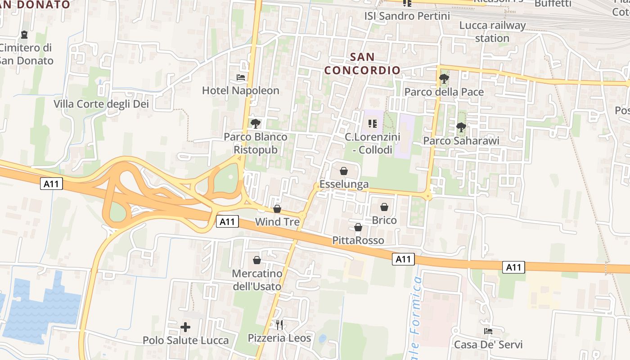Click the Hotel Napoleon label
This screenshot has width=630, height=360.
(240, 90)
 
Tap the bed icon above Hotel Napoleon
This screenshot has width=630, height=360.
(241, 77)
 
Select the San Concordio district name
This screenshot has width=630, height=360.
(362, 63)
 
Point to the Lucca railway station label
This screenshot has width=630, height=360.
(492, 31)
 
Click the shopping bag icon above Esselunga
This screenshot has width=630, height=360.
(344, 171)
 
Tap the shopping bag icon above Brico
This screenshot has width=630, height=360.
(384, 207)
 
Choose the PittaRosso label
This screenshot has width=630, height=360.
(358, 240)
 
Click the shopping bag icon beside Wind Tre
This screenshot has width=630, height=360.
(277, 209)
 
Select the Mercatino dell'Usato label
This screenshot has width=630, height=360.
(257, 280)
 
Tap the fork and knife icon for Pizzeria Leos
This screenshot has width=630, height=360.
(279, 324)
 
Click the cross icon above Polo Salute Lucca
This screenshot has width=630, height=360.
(185, 327)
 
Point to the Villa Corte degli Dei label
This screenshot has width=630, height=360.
(101, 104)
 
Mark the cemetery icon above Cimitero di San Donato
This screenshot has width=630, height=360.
(24, 34)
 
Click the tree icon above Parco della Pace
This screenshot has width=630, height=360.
(444, 79)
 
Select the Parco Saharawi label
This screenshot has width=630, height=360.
(461, 141)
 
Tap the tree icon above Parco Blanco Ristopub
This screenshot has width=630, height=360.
(256, 123)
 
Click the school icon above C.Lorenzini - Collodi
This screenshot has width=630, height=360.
(372, 123)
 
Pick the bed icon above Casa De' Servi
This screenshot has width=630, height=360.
(488, 331)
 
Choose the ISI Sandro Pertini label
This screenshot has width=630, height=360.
(407, 16)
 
